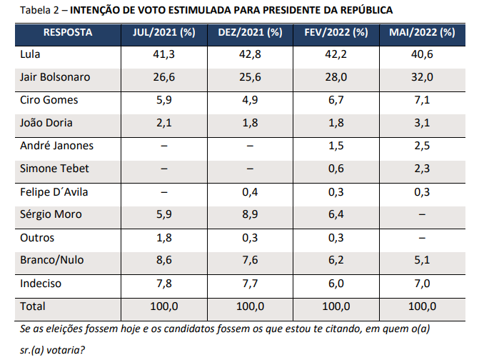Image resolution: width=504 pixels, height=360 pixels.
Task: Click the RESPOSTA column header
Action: click(x=68, y=33)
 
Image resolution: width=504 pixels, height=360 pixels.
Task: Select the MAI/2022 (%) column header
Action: click(x=421, y=33)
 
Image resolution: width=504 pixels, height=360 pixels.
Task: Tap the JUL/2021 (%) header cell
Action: click(x=164, y=33)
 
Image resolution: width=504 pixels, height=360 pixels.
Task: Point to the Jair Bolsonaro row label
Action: click(x=56, y=77)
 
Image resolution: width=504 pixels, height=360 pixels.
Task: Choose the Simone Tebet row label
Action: click(x=54, y=169)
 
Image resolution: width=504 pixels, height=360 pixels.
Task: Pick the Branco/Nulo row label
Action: click(x=51, y=261)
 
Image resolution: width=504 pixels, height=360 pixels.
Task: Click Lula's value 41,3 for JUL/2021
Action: click(x=164, y=54)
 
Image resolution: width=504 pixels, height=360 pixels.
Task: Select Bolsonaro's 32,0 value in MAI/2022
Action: click(x=421, y=77)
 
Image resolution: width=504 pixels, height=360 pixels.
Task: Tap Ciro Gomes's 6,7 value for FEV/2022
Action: click(x=336, y=100)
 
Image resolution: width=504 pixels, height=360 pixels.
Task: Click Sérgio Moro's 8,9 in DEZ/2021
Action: click(x=250, y=214)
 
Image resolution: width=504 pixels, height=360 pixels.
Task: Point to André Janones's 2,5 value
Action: click(x=421, y=146)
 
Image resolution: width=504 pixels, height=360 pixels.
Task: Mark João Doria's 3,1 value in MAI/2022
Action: click(x=421, y=123)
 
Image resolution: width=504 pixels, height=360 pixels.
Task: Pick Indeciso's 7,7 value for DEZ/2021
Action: click(x=250, y=284)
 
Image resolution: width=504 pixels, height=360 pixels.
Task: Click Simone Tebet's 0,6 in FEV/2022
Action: click(x=336, y=169)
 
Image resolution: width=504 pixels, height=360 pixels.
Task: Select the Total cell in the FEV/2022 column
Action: click(x=336, y=306)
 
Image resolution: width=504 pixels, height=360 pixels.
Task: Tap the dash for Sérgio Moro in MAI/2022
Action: click(x=421, y=214)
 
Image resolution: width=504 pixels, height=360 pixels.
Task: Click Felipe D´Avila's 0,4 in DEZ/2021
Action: click(x=250, y=191)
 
